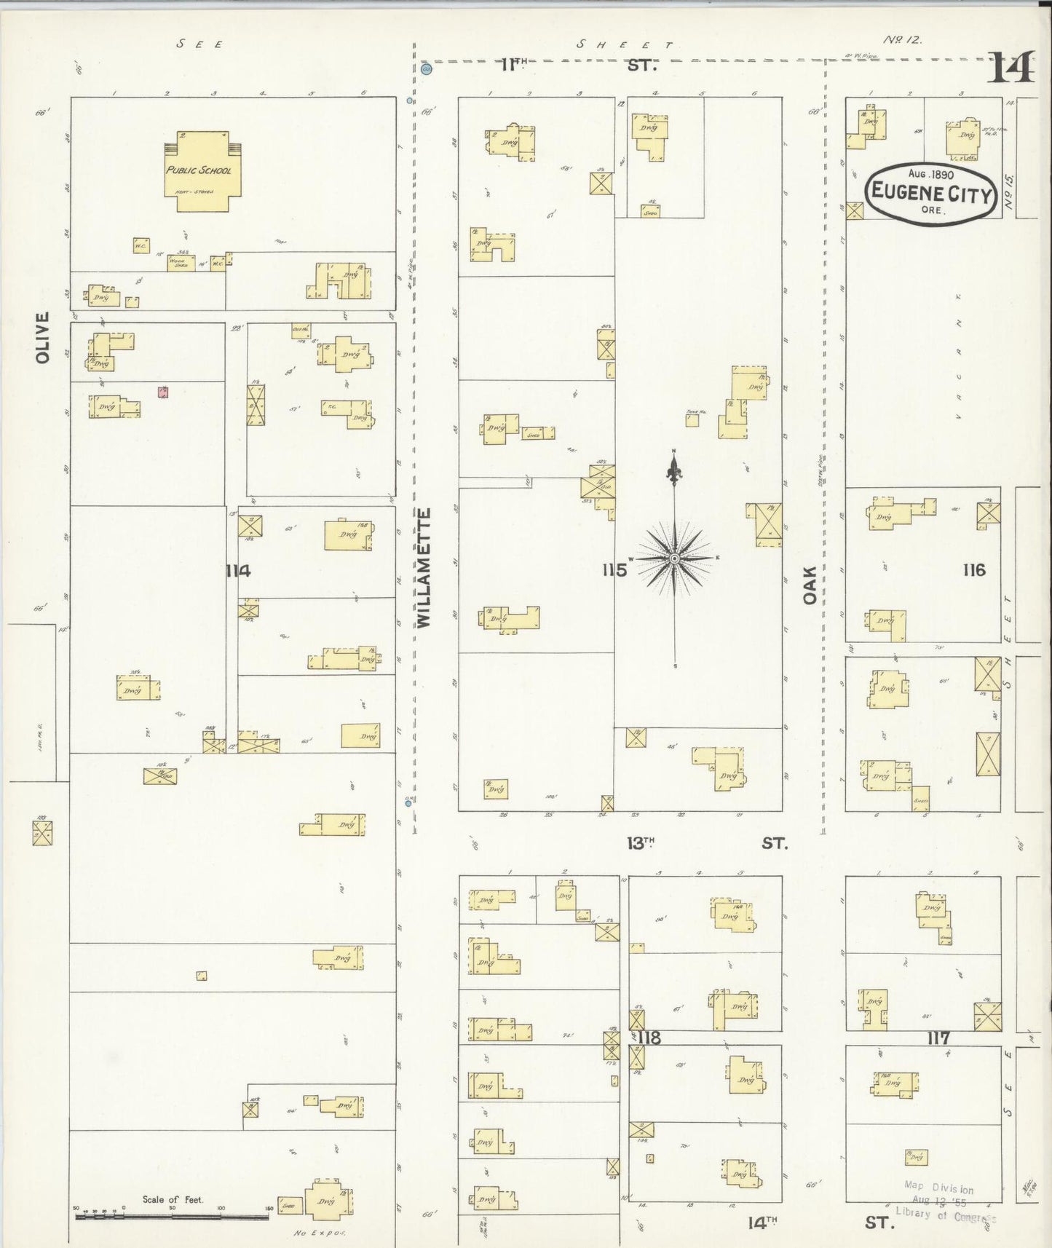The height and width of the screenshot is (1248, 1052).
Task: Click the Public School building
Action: click(x=199, y=171)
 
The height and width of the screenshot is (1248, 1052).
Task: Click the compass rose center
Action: click(x=675, y=558)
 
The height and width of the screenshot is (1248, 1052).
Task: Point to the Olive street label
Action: click(x=42, y=337)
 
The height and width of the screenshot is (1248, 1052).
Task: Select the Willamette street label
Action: click(x=424, y=567)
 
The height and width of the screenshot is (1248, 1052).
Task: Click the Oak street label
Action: click(x=810, y=585)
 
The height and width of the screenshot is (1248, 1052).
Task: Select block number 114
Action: click(x=237, y=571)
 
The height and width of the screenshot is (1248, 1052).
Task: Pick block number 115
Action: click(x=614, y=570)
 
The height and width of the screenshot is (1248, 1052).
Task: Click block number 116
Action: click(x=973, y=569)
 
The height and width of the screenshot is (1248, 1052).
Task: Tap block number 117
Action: click(x=938, y=1038)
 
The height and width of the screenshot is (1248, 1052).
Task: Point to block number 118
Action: click(x=649, y=1038)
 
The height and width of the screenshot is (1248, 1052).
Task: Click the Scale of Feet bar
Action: click(x=173, y=1215)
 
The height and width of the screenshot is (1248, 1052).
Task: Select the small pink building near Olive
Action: click(x=163, y=392)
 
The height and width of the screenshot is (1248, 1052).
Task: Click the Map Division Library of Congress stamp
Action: click(x=946, y=1201)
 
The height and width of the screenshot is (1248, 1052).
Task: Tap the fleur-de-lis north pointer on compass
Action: click(x=674, y=468)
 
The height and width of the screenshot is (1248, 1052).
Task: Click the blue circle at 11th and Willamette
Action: click(x=427, y=69)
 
